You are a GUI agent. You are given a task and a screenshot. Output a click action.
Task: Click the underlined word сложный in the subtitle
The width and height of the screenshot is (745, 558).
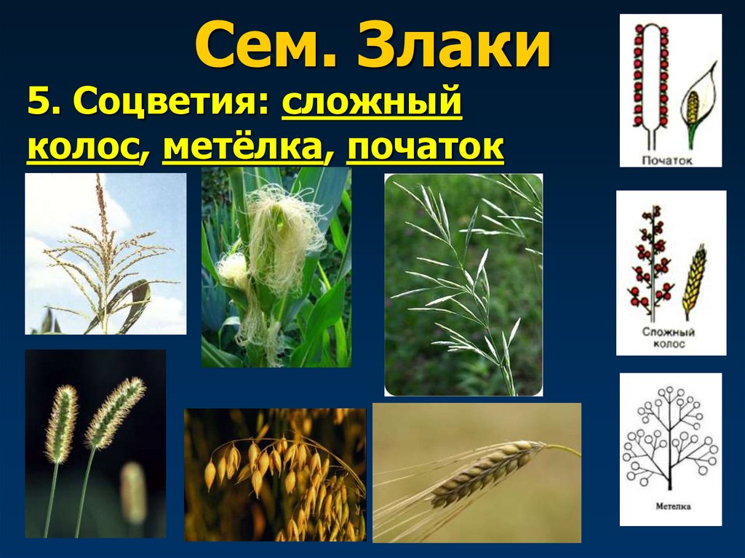tap(372, 104)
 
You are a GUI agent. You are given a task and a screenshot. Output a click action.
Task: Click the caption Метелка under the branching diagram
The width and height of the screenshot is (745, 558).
tap(670, 506)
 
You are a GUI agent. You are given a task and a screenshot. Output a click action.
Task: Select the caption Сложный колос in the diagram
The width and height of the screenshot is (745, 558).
tap(669, 338)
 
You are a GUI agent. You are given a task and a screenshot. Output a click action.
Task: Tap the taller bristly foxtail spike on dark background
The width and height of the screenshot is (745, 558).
tap(114, 411)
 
